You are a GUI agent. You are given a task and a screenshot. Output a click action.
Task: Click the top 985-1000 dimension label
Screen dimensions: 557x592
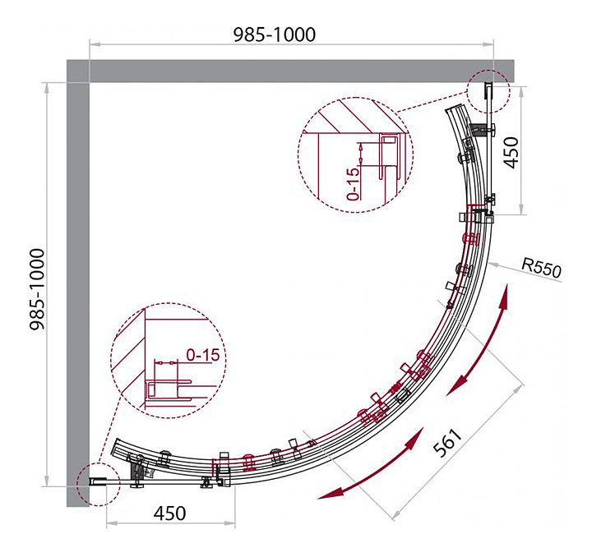coord(275,34)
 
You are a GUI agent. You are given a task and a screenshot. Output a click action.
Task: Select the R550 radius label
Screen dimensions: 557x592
coord(540,268)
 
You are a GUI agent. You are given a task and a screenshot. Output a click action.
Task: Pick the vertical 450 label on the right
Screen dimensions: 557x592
coord(511,152)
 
